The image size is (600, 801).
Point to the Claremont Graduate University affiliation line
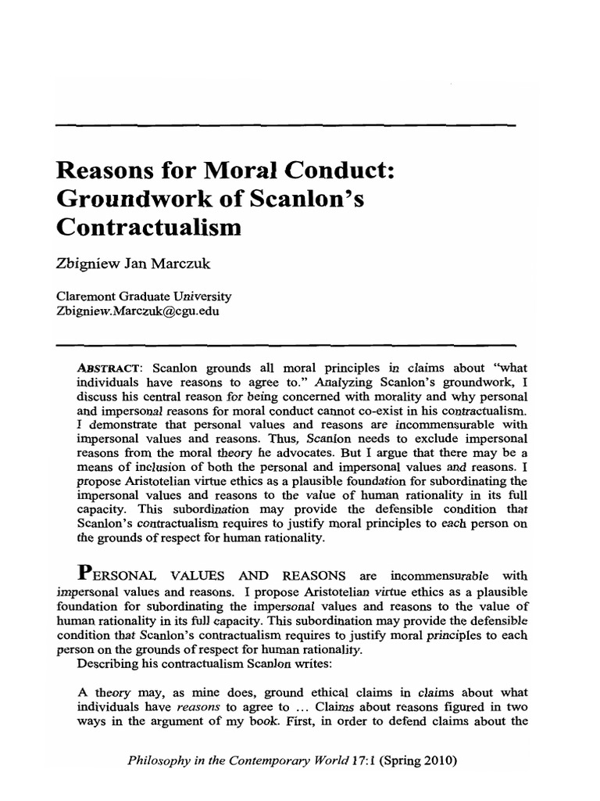click(x=144, y=297)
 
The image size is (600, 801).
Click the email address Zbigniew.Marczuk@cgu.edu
click(x=137, y=311)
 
